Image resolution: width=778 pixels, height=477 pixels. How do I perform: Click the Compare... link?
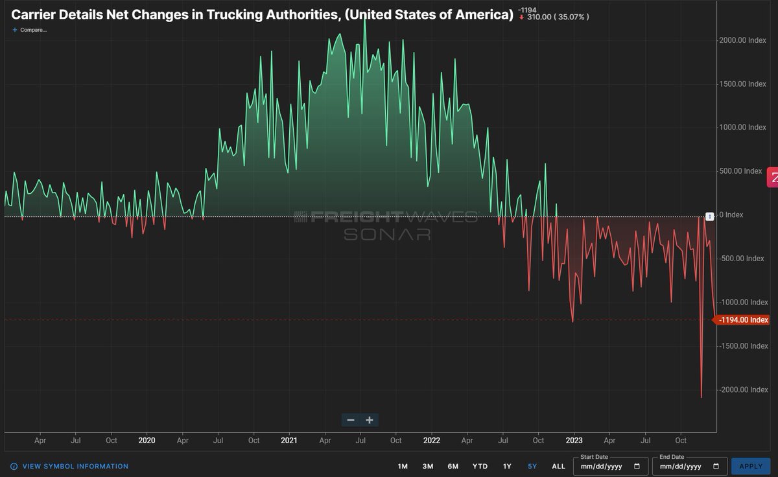point(30,30)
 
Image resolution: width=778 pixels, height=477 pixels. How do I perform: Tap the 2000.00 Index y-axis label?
point(742,40)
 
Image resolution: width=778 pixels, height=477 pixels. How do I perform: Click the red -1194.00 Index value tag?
point(743,320)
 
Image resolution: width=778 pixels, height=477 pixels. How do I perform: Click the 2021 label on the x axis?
point(289,440)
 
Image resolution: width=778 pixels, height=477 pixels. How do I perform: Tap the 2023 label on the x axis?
point(574,440)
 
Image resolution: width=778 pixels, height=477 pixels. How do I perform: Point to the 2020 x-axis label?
point(147,440)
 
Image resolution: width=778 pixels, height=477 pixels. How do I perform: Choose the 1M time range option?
point(403,466)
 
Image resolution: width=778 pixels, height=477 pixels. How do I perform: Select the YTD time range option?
point(480,466)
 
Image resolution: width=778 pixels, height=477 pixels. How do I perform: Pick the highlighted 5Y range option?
point(532,466)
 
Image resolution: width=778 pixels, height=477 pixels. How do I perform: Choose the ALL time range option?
point(558,466)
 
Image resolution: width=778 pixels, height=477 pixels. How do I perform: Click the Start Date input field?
point(610,466)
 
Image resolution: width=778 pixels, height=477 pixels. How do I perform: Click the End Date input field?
point(687,466)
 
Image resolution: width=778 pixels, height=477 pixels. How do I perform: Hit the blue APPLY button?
point(751,466)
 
